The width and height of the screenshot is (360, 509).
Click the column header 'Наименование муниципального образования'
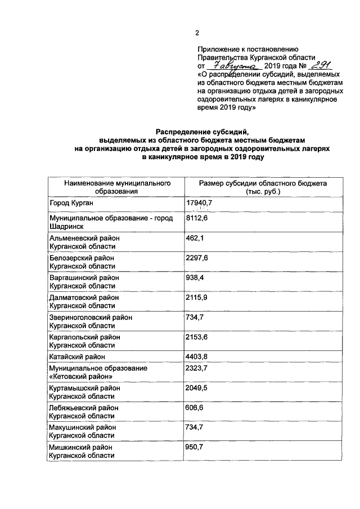point(117,187)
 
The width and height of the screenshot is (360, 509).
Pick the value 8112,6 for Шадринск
point(197,218)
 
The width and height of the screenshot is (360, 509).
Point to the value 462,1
point(195,238)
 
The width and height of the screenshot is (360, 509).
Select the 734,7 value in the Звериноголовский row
point(195,317)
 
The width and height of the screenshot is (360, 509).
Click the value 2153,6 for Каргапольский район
point(197,337)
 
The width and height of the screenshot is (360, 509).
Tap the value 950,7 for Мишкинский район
point(195,447)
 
